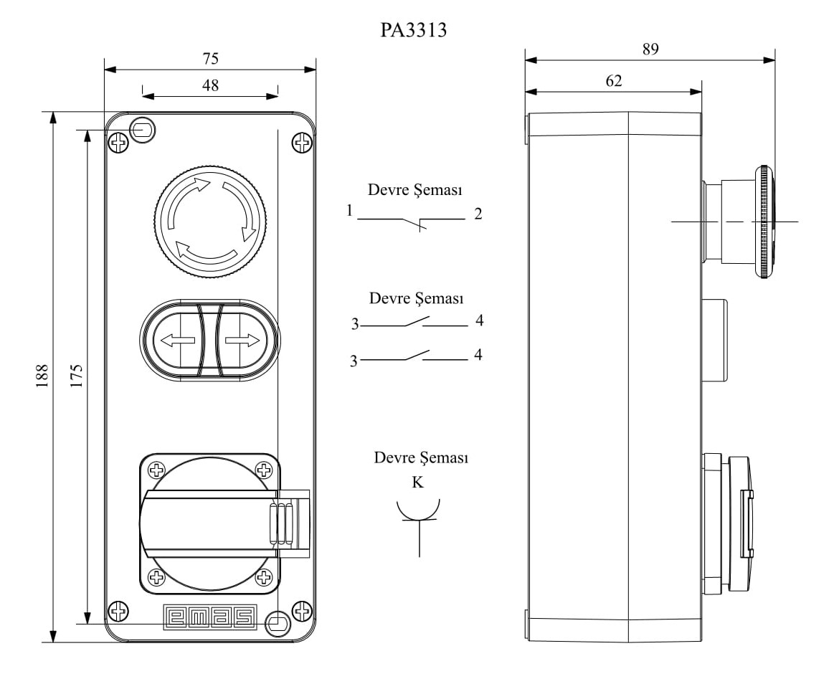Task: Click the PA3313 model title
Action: point(414,30)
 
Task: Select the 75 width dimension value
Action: point(210,58)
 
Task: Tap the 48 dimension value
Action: point(210,85)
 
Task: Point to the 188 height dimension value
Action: point(41,376)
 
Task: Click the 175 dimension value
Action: point(76,376)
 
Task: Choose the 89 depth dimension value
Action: point(650,49)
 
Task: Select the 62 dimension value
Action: point(613,80)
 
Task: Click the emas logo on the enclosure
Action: point(210,617)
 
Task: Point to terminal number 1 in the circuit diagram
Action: point(349,212)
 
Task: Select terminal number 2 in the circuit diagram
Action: point(478,214)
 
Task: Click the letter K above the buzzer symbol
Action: point(417,483)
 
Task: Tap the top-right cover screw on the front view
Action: point(303,143)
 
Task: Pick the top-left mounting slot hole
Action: point(143,130)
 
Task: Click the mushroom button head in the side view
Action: point(764,222)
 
